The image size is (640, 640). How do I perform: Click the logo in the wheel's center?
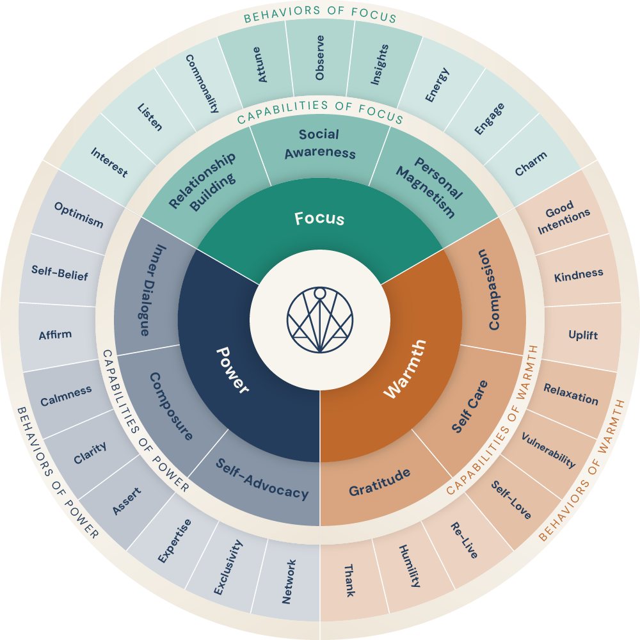(320, 321)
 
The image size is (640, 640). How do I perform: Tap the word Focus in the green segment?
(319, 219)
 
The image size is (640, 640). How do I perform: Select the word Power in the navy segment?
(232, 370)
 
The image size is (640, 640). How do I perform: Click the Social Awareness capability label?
(320, 144)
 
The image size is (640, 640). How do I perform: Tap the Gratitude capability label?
(380, 483)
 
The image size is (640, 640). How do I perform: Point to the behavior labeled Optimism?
(79, 215)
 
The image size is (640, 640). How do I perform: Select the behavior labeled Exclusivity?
(228, 567)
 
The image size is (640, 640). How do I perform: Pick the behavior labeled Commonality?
(202, 83)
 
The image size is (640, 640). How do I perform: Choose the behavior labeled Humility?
(410, 565)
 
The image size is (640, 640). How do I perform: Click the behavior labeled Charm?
(531, 164)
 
